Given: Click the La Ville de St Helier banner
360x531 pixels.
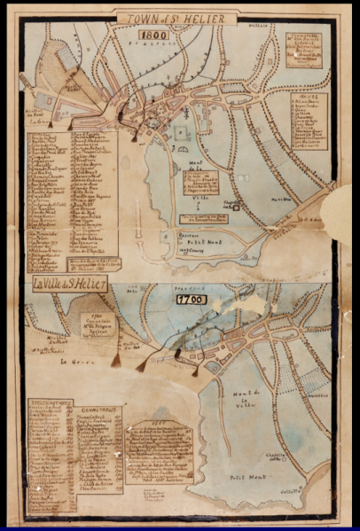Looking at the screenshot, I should click(70, 285).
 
